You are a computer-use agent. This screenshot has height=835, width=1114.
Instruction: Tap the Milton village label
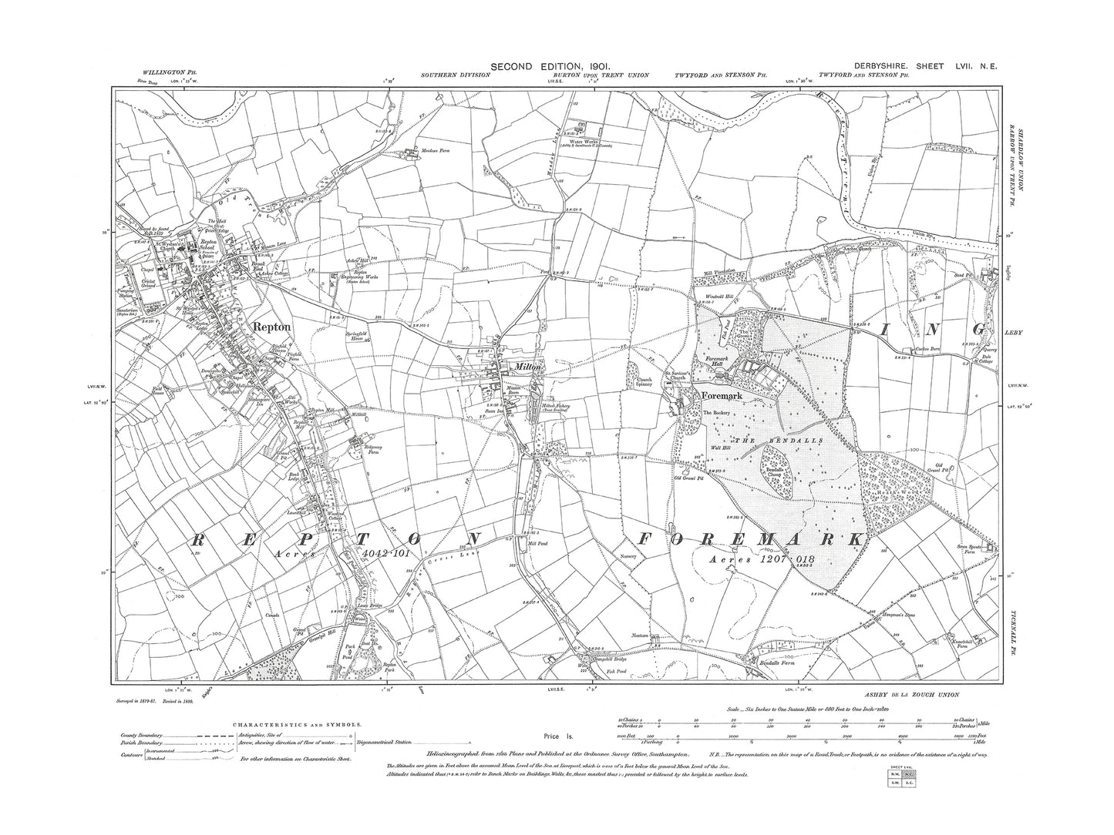530,367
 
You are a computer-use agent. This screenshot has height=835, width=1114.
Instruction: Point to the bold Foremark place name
721,397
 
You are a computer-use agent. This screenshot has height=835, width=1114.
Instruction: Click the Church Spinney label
643,381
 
